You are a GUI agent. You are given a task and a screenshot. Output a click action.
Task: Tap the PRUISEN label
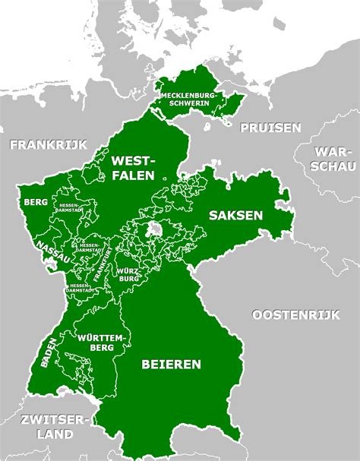[270, 128]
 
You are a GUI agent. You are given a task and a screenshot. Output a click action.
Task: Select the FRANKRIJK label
[49, 144]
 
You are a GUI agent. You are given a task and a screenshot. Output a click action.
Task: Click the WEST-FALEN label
[134, 169]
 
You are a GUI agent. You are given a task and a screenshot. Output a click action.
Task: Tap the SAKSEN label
[235, 215]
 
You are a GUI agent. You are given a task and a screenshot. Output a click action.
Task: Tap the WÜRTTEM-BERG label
[94, 341]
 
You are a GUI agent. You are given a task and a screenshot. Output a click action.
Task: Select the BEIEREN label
[171, 364]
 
